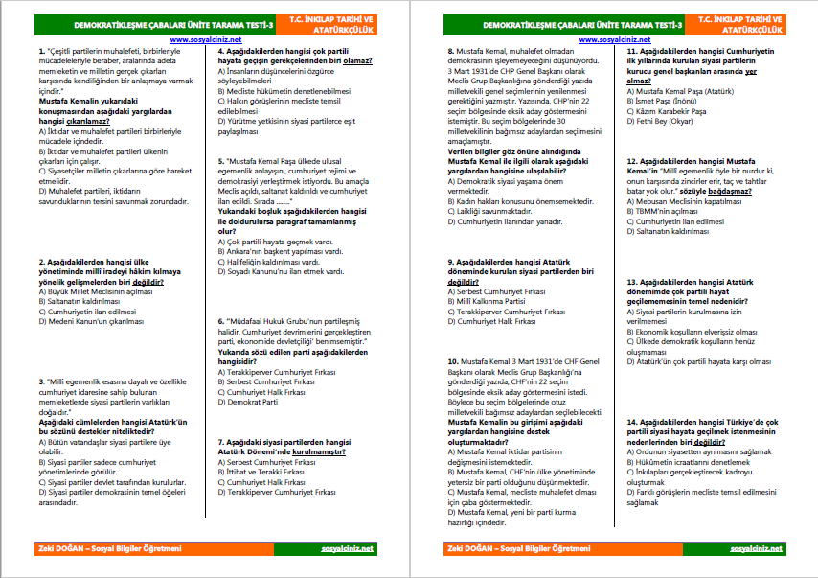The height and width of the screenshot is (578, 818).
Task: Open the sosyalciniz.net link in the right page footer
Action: [x=756, y=548]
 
